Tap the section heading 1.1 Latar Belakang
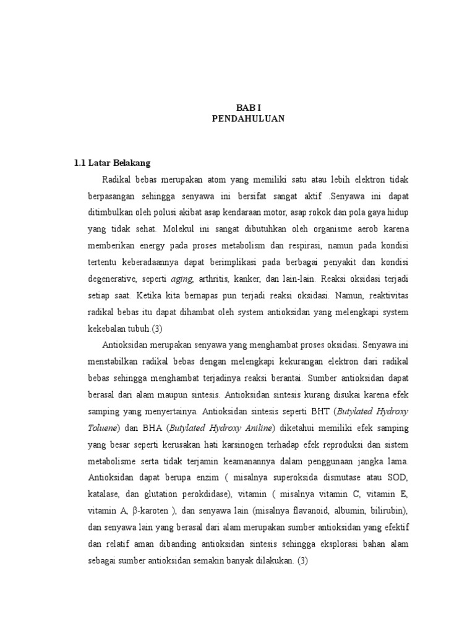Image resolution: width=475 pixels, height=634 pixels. (112, 163)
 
